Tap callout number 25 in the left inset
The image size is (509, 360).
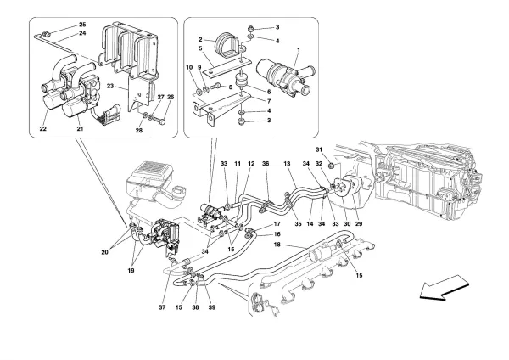82,25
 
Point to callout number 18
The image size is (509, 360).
276,245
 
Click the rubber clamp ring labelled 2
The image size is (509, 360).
227,41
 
